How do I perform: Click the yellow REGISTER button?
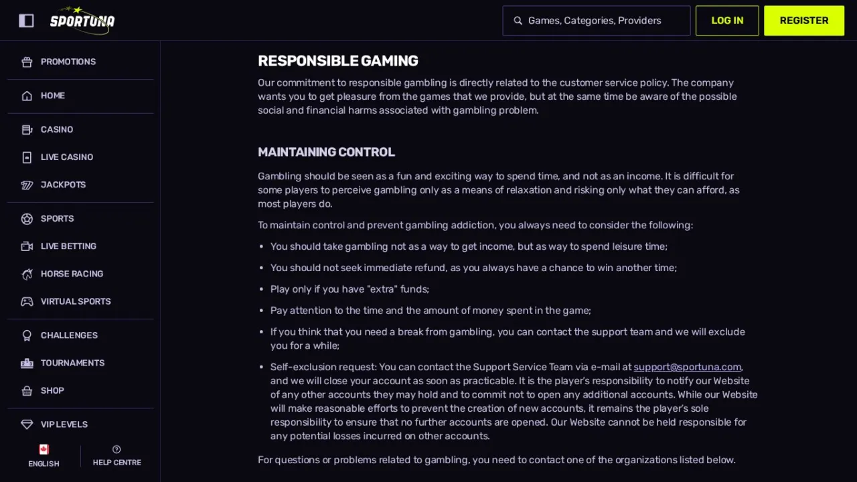pyautogui.click(x=804, y=21)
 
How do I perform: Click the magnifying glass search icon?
pyautogui.click(x=518, y=21)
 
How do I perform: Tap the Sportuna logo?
pyautogui.click(x=82, y=20)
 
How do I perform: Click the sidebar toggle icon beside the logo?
pyautogui.click(x=26, y=21)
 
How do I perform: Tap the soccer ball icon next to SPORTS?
pyautogui.click(x=27, y=219)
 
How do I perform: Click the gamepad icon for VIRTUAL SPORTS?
pyautogui.click(x=27, y=301)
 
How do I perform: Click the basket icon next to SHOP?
pyautogui.click(x=27, y=390)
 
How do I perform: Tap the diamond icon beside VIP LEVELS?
pyautogui.click(x=27, y=424)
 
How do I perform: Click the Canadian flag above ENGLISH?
pyautogui.click(x=44, y=449)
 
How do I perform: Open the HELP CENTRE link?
pyautogui.click(x=117, y=456)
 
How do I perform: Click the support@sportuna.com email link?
pyautogui.click(x=687, y=367)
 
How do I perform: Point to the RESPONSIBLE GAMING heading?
pyautogui.click(x=338, y=61)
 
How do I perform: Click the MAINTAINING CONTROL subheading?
pyautogui.click(x=326, y=152)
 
